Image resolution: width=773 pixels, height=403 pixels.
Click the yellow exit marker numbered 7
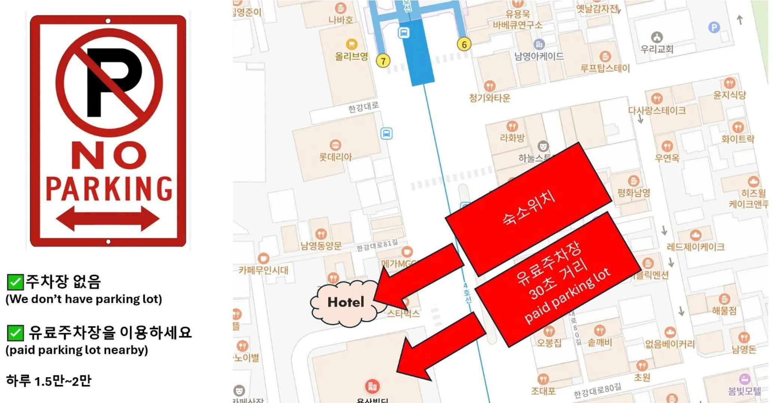tap(383, 61)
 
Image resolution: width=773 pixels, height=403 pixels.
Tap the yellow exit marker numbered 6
tap(464, 45)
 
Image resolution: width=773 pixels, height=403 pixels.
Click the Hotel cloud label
tap(345, 302)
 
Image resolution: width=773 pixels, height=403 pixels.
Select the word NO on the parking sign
tap(109, 155)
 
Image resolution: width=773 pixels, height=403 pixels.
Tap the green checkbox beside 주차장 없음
tap(15, 282)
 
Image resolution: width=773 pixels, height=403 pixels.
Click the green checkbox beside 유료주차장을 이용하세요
tap(15, 333)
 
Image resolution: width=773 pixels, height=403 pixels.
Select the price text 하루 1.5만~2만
tap(49, 381)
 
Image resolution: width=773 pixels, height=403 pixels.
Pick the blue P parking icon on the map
tap(714, 27)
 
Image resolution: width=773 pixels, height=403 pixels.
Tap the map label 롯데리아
tap(335, 157)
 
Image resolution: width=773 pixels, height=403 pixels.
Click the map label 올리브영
tap(351, 57)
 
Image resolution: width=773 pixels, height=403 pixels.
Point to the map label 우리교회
tap(657, 49)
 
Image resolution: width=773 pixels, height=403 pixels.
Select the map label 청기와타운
tap(489, 98)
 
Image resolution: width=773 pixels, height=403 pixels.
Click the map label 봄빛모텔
tap(744, 391)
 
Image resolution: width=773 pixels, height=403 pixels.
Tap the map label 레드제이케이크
tap(695, 247)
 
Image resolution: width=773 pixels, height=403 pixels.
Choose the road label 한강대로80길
tap(597, 391)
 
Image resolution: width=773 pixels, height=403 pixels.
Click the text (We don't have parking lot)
tap(84, 299)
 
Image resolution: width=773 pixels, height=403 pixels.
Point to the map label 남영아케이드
tap(539, 57)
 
